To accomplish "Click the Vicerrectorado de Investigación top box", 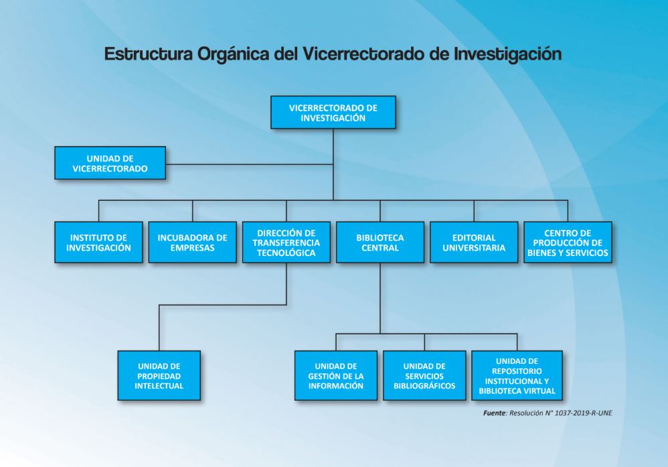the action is coord(333,112).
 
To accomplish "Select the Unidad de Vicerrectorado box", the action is coord(110,163).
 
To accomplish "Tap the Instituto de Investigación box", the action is coord(98,243).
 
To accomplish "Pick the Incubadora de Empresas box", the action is coord(192,243).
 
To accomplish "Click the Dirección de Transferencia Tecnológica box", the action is coord(286,243).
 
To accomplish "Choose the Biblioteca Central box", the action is coord(380,243).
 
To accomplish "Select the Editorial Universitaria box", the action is coord(474,243).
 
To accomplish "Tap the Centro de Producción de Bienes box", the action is coord(568,243).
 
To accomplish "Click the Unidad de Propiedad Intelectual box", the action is coord(159,376).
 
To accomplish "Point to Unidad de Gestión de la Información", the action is coord(336,376).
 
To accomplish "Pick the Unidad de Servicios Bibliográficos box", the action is coord(424,376).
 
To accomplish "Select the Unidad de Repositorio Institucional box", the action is coord(517,376).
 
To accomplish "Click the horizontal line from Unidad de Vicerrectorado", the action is coord(249,164).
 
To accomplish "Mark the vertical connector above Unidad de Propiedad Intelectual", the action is coord(159,328).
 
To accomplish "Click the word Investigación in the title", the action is coord(507,54).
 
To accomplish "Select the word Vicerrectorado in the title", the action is coord(364,54).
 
